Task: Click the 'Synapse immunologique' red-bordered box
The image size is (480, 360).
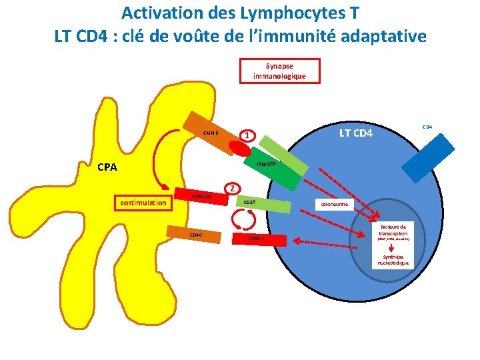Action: pos(279,71)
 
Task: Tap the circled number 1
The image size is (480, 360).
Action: pos(247,136)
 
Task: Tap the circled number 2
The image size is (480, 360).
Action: pos(231,188)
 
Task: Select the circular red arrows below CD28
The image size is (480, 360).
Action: pos(245,219)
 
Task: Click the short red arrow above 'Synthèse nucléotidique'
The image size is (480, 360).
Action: pos(392,247)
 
